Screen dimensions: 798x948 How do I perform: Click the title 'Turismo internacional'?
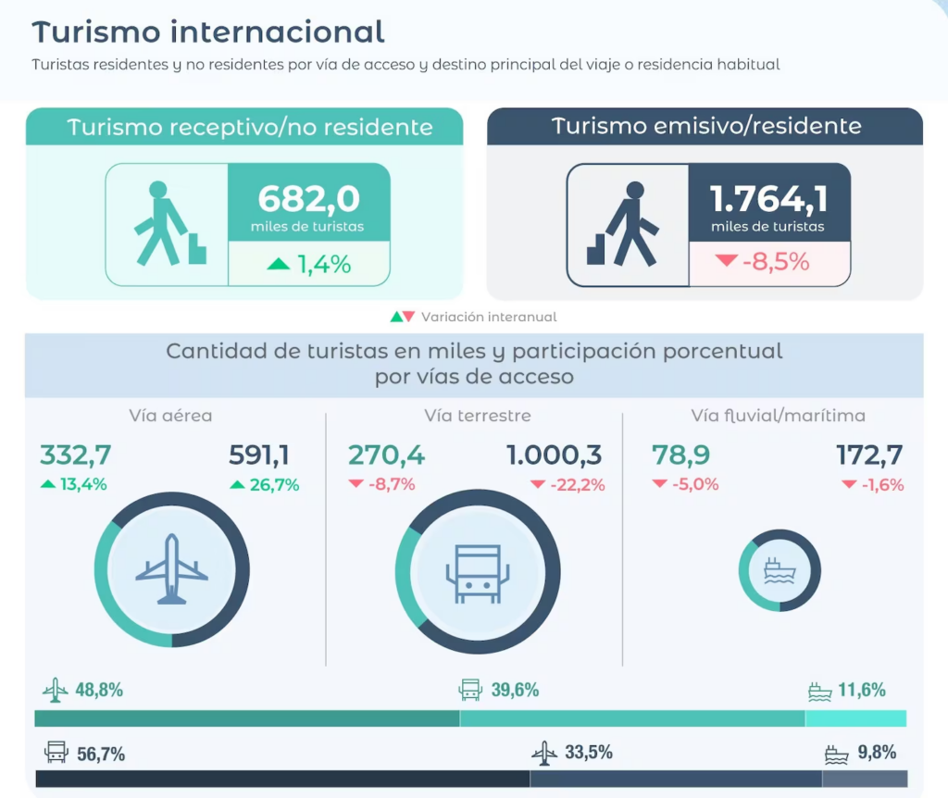(x=208, y=32)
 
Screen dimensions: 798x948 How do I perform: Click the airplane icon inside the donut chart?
(x=172, y=569)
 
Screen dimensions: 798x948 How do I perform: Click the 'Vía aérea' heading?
(x=170, y=416)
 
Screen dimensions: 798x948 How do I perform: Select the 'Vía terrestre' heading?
(x=478, y=416)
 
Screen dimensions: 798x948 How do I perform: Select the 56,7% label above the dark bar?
(x=101, y=754)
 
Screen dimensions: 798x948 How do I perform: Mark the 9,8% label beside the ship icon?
(x=877, y=753)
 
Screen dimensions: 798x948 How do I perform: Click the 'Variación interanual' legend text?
(x=489, y=317)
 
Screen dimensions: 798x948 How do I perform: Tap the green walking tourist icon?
(x=167, y=223)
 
